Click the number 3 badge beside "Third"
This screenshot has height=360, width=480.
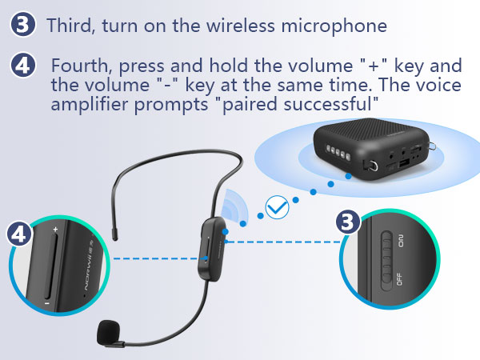tap(24, 24)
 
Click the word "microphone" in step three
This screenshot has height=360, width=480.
tap(335, 25)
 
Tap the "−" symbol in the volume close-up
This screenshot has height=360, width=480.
tap(48, 305)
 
